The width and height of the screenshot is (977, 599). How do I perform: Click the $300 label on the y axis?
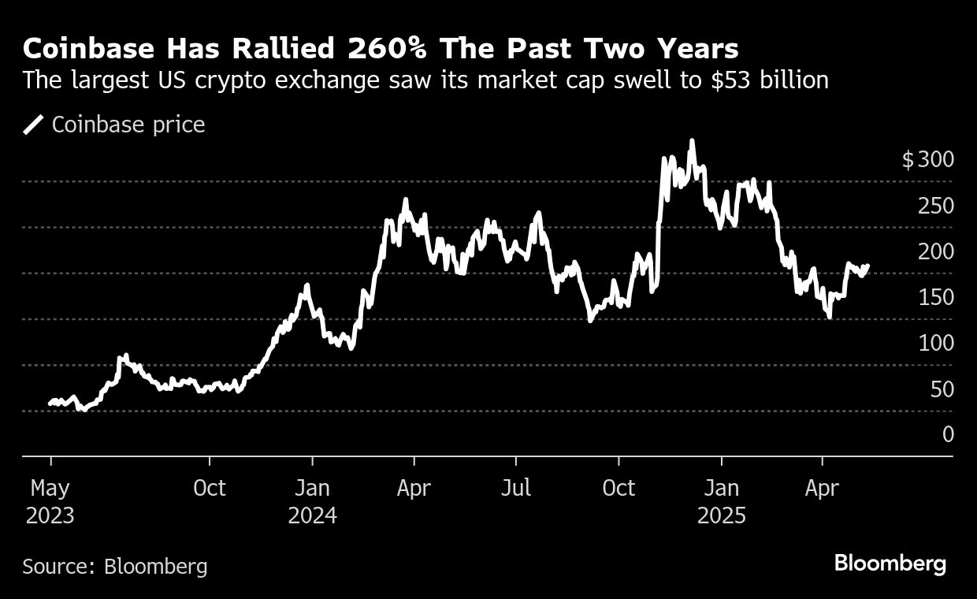(x=927, y=160)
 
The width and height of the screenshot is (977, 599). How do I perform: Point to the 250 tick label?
(x=936, y=206)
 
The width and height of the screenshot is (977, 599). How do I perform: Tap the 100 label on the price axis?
(x=936, y=343)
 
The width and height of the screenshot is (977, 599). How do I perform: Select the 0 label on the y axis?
(x=948, y=434)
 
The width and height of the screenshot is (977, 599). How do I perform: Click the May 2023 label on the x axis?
(x=50, y=502)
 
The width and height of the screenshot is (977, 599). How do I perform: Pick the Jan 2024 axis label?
(x=312, y=502)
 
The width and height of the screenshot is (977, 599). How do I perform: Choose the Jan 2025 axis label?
(x=721, y=502)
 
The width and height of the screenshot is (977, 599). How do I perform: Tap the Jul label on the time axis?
(x=516, y=488)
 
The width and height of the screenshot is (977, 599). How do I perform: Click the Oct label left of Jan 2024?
(x=210, y=488)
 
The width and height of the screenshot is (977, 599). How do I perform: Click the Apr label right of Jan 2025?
(x=822, y=488)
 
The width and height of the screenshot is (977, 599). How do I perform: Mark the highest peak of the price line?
(x=692, y=142)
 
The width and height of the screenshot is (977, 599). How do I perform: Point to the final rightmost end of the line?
(x=868, y=266)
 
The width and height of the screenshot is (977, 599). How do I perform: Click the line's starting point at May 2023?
(x=50, y=404)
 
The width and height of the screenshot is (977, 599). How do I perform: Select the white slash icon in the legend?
(x=33, y=125)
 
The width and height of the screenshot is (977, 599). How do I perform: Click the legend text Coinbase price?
(x=128, y=125)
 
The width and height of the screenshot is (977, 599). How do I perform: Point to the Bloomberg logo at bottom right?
(x=890, y=564)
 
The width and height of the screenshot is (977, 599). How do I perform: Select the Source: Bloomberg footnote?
(x=115, y=566)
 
